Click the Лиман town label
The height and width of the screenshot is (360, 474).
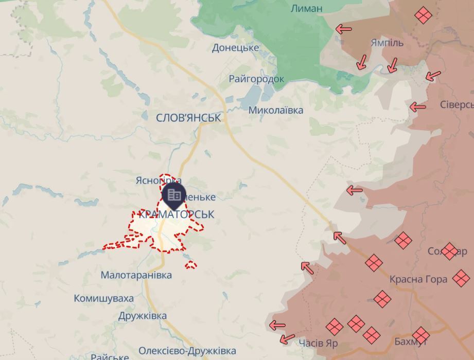306,8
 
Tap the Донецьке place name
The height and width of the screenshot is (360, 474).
235,48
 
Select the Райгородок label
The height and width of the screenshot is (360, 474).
256,79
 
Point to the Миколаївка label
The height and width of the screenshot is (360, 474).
275,110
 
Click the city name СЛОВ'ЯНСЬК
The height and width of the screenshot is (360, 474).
188,118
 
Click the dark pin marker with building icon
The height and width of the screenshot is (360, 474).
174,195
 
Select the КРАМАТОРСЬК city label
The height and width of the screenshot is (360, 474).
176,214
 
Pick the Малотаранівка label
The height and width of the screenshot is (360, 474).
136,275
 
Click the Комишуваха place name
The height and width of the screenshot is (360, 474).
103,298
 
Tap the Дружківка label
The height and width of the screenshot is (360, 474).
143,316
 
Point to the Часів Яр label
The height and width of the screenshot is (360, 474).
318,343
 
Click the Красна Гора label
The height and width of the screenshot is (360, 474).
418,279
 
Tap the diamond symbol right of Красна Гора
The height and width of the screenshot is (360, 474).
461,279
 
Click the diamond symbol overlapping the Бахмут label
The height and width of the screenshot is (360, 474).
420,336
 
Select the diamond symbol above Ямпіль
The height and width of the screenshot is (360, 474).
423,15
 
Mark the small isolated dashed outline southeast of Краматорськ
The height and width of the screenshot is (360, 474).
191,265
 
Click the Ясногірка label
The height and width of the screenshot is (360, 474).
154,181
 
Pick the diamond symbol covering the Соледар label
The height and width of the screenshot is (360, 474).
449,251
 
